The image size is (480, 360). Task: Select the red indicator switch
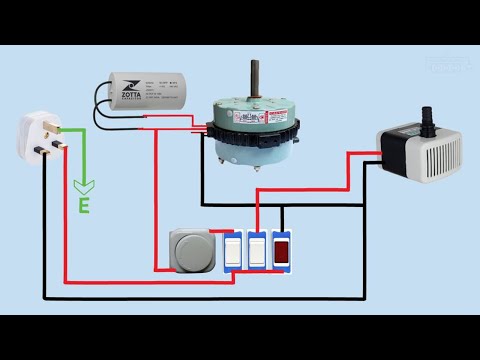pyautogui.click(x=283, y=251)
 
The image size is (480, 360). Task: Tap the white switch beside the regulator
pyautogui.click(x=232, y=251)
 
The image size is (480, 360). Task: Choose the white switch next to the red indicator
pyautogui.click(x=258, y=251)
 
